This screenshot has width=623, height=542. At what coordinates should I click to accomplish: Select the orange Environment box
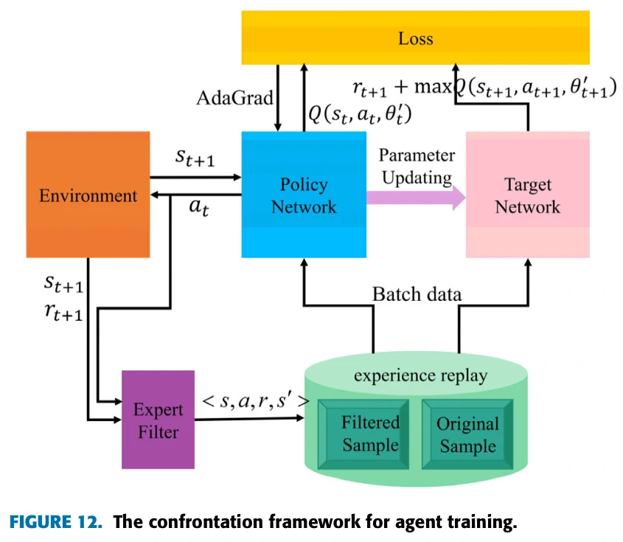(88, 195)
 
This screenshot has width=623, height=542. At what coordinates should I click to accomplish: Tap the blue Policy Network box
(304, 195)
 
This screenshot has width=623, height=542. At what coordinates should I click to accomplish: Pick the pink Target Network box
(527, 195)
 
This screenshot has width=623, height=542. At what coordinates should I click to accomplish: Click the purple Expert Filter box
(158, 419)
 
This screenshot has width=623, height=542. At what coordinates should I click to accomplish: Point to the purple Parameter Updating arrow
(416, 196)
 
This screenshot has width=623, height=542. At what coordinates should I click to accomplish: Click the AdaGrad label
(234, 97)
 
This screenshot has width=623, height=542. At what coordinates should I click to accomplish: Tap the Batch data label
(417, 294)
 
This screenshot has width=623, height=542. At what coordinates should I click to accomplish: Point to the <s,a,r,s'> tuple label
(255, 403)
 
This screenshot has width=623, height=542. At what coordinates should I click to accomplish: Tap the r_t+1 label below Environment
(63, 315)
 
